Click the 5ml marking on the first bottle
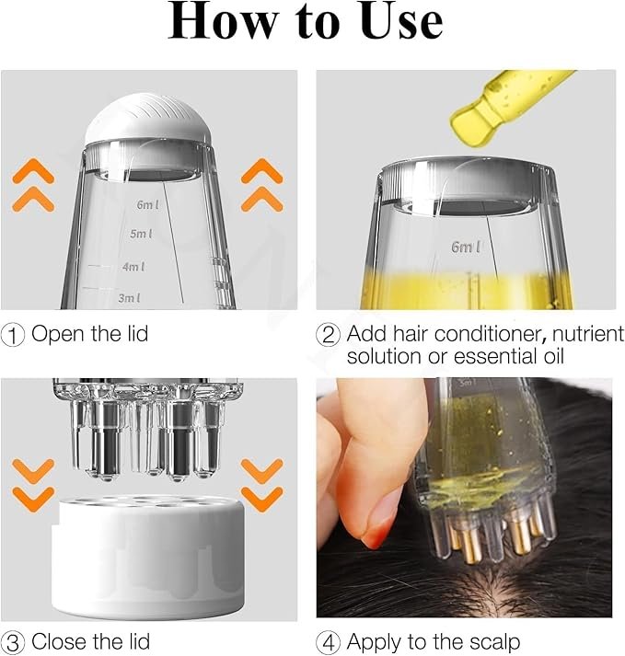(x=141, y=235)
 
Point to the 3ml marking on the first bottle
(x=130, y=297)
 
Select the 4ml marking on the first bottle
(x=134, y=267)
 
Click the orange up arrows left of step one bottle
(x=38, y=183)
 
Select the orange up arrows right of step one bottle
(x=262, y=183)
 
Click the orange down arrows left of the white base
(x=38, y=485)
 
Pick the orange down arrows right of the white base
(x=261, y=485)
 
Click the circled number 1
(x=13, y=334)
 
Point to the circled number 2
(x=329, y=334)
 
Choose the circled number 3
(x=13, y=641)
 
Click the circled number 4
(x=329, y=641)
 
